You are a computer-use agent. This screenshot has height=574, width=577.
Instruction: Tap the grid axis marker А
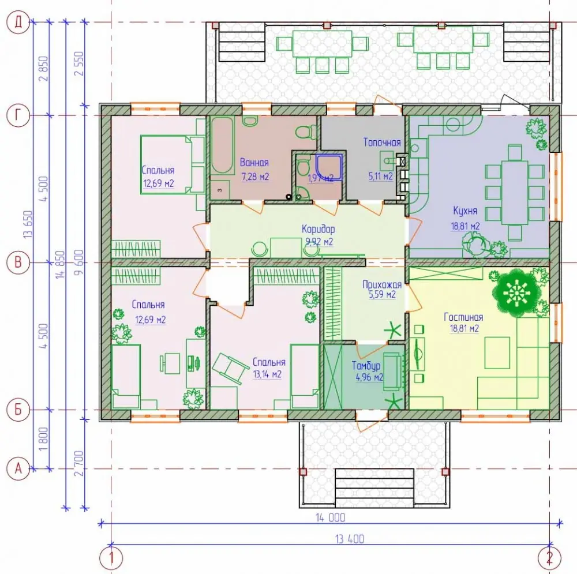18,469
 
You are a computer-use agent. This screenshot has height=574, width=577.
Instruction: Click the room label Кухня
465,211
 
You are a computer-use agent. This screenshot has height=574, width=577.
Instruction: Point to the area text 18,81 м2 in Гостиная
464,328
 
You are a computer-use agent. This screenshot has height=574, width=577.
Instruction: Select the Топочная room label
382,142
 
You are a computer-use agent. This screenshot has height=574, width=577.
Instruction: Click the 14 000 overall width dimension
331,517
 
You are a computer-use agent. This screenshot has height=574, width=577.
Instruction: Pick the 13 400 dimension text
350,539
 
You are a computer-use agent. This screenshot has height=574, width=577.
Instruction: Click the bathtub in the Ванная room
222,146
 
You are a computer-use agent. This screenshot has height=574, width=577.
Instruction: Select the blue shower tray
329,167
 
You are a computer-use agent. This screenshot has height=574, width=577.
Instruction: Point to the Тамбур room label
366,366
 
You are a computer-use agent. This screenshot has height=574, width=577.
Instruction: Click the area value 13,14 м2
267,374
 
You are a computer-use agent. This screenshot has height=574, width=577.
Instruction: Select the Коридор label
319,229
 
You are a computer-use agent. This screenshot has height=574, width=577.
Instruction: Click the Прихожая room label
381,284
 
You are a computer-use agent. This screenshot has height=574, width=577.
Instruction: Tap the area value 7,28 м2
255,177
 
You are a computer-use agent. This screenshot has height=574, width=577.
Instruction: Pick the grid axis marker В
18,262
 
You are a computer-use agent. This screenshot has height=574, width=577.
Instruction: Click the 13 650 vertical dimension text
29,224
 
